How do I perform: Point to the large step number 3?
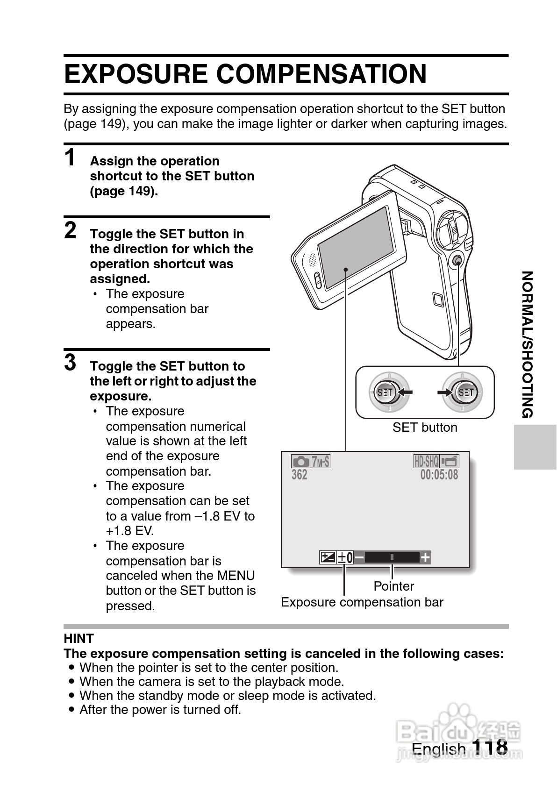(70, 362)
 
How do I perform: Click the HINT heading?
(79, 638)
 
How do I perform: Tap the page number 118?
(490, 747)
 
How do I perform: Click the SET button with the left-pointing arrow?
(385, 392)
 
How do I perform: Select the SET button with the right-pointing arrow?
(465, 392)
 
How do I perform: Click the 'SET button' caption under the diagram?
(424, 428)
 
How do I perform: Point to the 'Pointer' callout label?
(393, 586)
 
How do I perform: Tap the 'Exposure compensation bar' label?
(362, 602)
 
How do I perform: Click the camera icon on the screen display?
(300, 462)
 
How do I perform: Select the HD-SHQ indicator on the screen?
(426, 462)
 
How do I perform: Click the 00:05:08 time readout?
(439, 475)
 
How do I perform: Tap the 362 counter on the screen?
(300, 475)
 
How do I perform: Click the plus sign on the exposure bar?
(425, 557)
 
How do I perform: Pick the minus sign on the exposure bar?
(359, 557)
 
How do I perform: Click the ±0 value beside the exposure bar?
(345, 557)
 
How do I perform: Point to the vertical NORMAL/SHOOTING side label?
(528, 344)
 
